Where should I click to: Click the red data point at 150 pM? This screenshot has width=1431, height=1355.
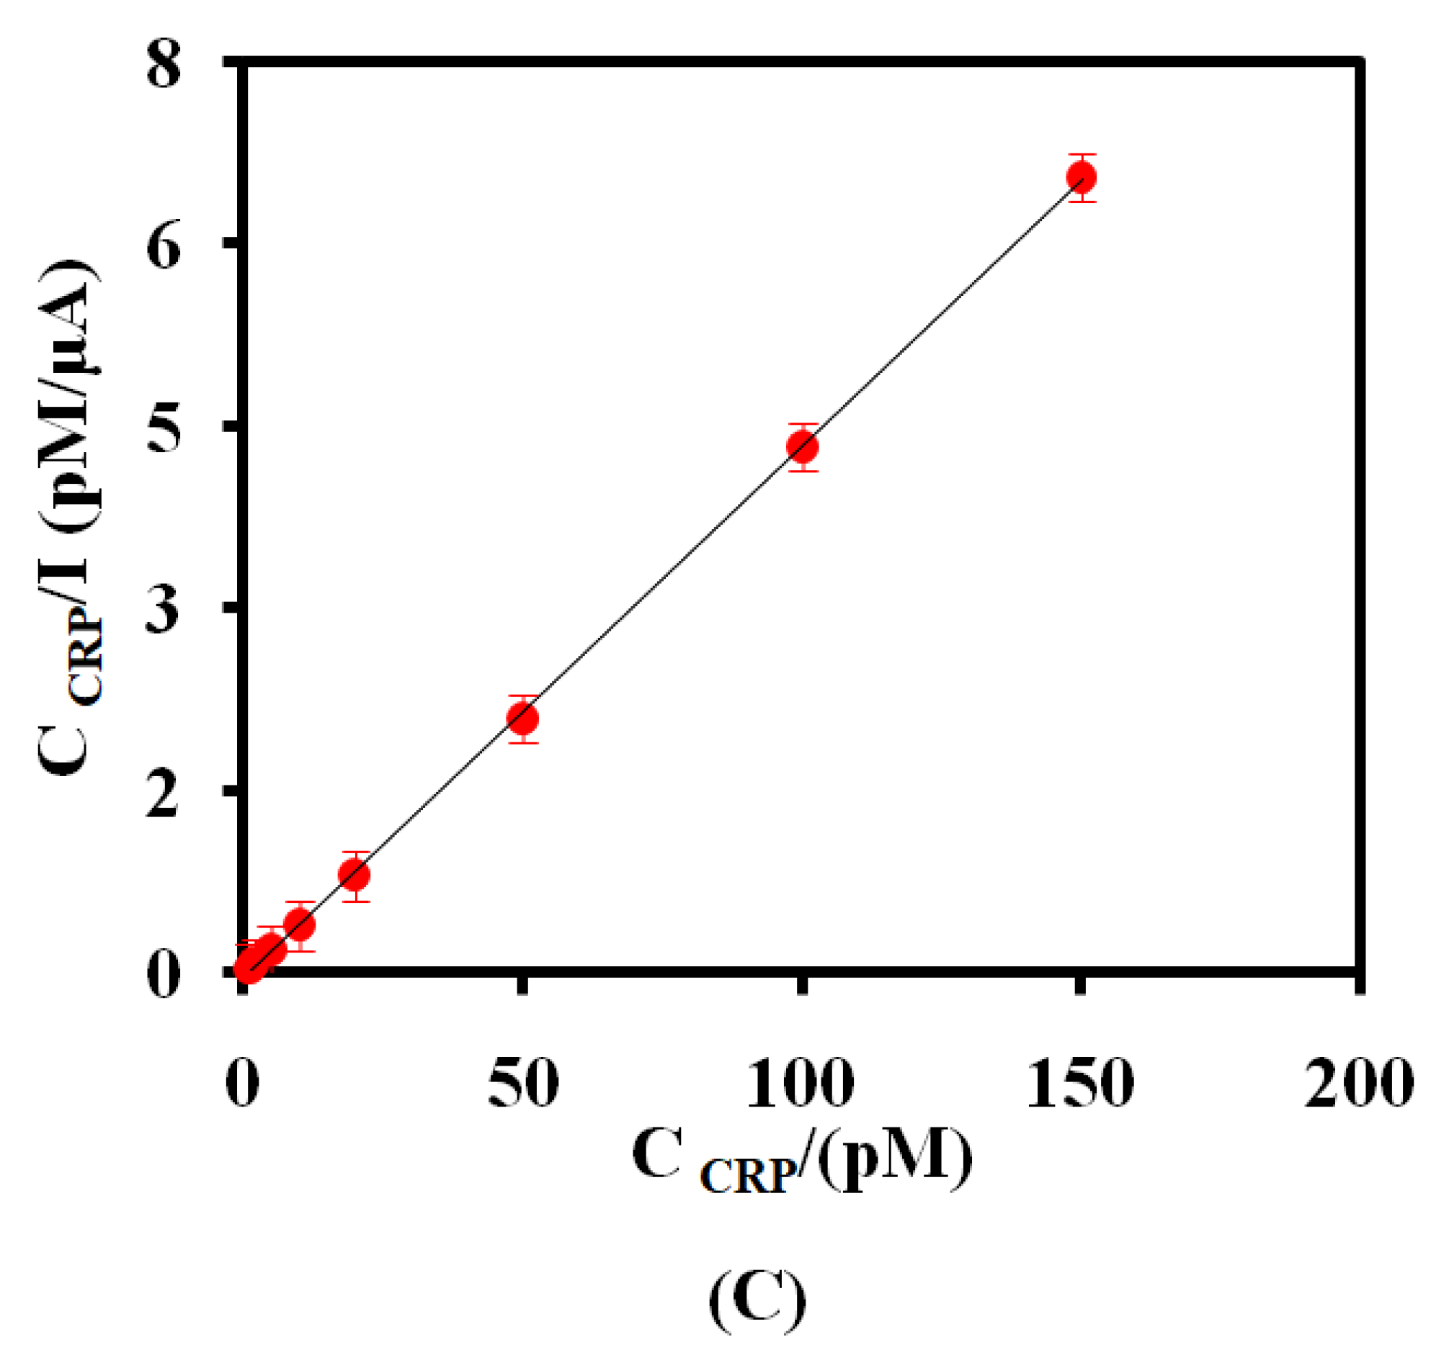[x=1082, y=177]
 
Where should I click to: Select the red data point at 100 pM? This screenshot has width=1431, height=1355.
[x=802, y=447]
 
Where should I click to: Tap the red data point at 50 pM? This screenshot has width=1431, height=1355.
[x=522, y=718]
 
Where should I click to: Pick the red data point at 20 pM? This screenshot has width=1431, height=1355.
[x=354, y=875]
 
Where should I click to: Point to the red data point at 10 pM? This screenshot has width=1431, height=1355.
[x=299, y=924]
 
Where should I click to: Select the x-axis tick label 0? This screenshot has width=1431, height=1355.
[x=243, y=1084]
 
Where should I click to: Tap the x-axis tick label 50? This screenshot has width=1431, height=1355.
[x=523, y=1084]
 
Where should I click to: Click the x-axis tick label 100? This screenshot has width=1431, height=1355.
[x=800, y=1084]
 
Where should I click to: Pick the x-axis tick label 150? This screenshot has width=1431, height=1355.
[x=1080, y=1084]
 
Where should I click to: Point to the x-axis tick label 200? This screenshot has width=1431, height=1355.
[x=1359, y=1084]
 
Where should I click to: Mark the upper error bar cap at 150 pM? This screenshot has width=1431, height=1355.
[x=1082, y=155]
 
